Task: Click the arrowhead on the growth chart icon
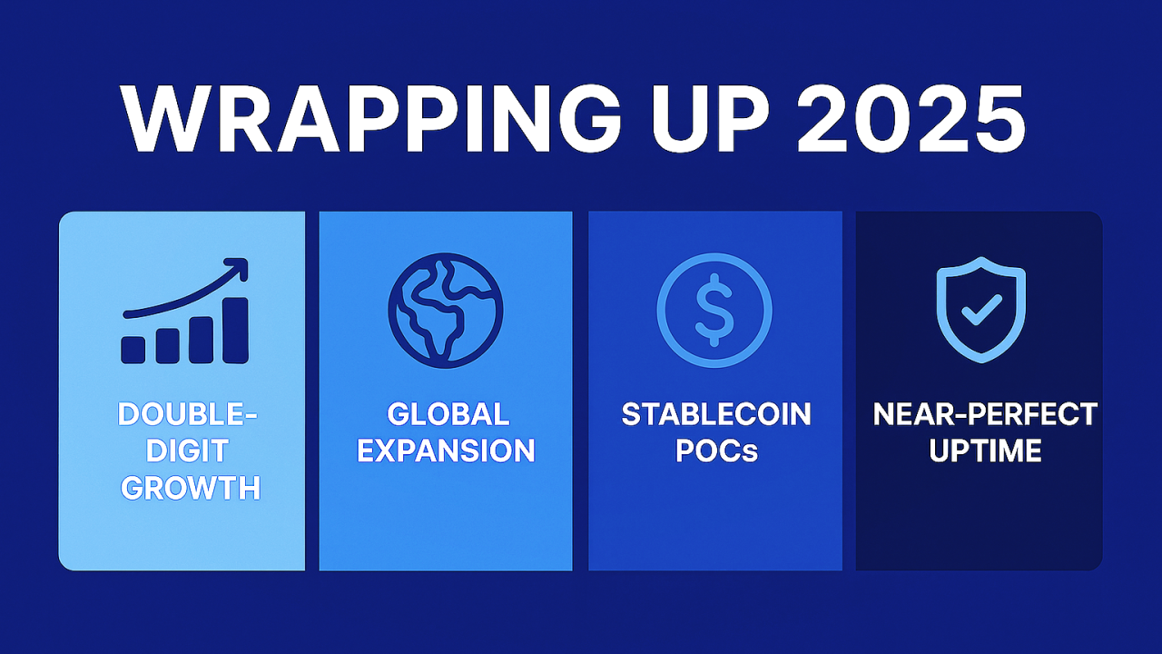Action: pyautogui.click(x=237, y=270)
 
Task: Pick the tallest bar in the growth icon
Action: pyautogui.click(x=236, y=330)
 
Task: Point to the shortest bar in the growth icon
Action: pyautogui.click(x=133, y=350)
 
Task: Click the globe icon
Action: pyautogui.click(x=445, y=310)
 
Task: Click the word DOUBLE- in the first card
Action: pyautogui.click(x=187, y=415)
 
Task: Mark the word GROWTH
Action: pyautogui.click(x=190, y=488)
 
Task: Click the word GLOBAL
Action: pyautogui.click(x=448, y=415)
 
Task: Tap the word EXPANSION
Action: pyautogui.click(x=446, y=451)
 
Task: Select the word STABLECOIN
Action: pyautogui.click(x=716, y=415)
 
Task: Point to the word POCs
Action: pyautogui.click(x=716, y=451)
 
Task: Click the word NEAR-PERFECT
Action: pyautogui.click(x=985, y=415)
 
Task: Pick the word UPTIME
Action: pyautogui.click(x=985, y=451)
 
